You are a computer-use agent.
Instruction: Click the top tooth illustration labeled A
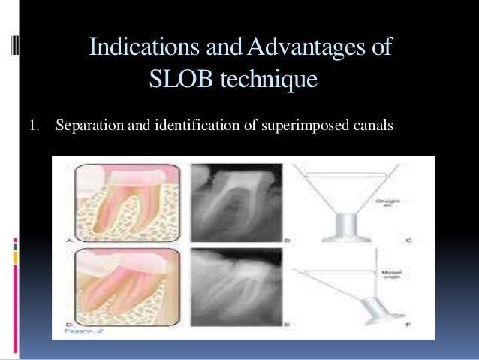point(126,201)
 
